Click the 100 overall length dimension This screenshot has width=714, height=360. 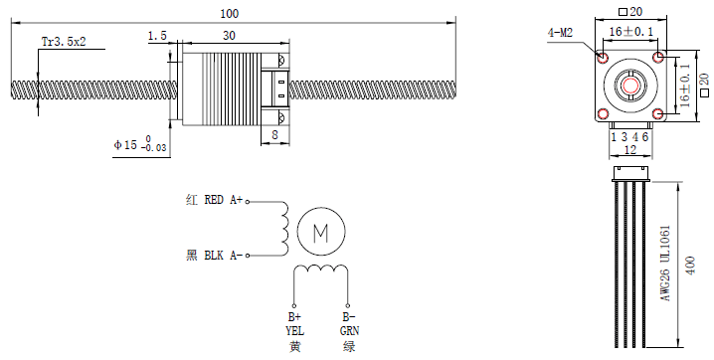pos(229,14)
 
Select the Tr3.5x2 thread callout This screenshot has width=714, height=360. pos(64,42)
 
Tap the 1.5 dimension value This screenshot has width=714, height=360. pos(157,36)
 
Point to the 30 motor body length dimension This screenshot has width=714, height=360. pos(229,36)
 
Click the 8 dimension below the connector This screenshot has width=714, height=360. pos(274,134)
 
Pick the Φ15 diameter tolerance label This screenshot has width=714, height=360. pos(140,144)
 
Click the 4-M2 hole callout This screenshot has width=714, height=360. pos(560,33)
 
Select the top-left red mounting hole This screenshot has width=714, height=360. pos(603,58)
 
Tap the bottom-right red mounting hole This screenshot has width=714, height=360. pos(658,113)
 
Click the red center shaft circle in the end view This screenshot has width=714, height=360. pos(630,86)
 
